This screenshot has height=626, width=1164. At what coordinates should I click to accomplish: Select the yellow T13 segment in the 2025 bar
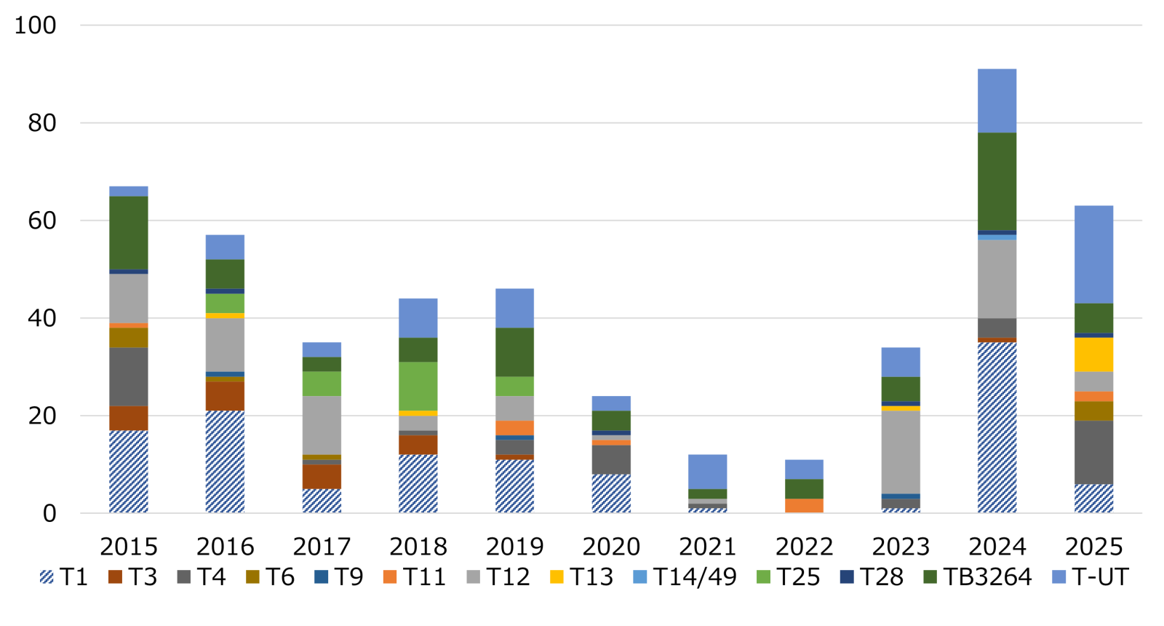[1093, 354]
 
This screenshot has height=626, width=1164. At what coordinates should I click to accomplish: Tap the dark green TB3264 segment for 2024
[997, 181]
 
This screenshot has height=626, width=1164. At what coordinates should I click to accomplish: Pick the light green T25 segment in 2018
[418, 386]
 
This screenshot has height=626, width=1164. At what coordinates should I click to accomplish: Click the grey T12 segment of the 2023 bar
[901, 452]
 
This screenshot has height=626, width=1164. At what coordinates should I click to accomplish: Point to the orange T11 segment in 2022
[804, 505]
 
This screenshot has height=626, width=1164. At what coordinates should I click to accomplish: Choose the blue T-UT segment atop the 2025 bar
[1093, 254]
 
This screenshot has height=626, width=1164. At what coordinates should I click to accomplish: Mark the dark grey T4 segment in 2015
[129, 376]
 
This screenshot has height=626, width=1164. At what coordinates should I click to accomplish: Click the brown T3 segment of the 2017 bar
[322, 476]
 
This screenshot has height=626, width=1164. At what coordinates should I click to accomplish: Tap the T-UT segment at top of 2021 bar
[707, 472]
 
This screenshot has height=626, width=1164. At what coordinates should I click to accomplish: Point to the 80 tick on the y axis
[42, 123]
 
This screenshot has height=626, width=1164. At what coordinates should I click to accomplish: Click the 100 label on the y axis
[35, 25]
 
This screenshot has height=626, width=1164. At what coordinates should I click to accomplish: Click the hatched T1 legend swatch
[47, 577]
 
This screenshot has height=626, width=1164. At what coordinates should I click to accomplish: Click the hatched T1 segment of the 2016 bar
[225, 461]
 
